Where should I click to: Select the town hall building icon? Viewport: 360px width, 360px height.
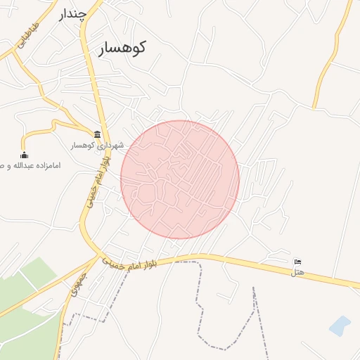[97, 134]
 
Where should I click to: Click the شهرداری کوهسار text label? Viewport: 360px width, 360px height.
[96, 146]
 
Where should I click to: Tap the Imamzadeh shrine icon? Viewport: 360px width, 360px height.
[25, 155]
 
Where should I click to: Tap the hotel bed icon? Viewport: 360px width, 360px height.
[298, 262]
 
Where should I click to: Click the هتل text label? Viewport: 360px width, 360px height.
[298, 272]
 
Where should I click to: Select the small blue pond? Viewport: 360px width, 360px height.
[340, 326]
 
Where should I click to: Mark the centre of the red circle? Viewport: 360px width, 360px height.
[180, 179]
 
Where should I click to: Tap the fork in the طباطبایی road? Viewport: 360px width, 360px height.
[15, 53]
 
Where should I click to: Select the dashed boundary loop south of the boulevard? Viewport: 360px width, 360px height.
[225, 330]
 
